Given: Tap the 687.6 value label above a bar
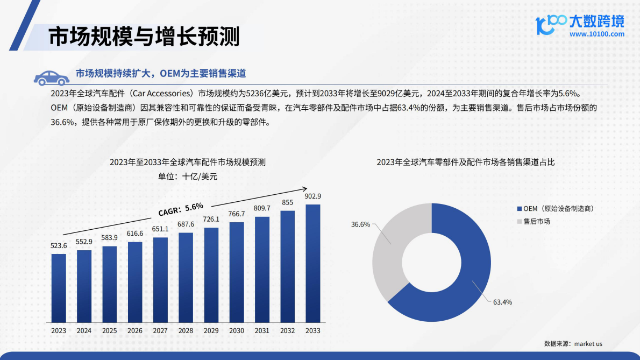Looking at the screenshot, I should pos(186,224).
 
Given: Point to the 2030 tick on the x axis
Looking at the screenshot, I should pos(236,330).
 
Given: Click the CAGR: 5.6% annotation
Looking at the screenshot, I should pos(181,208).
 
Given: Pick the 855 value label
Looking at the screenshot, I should pos(288,202).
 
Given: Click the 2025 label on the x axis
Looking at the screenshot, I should pos(109,330).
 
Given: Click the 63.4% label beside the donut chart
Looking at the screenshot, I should pos(502,302).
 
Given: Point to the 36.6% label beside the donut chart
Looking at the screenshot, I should pos(360,224).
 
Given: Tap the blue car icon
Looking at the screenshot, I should pos(51,77).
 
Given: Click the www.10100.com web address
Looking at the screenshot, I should pos(596,34).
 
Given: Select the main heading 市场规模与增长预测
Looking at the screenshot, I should pos(144,37).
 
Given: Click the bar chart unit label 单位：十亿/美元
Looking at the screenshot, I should pos(187,175).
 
